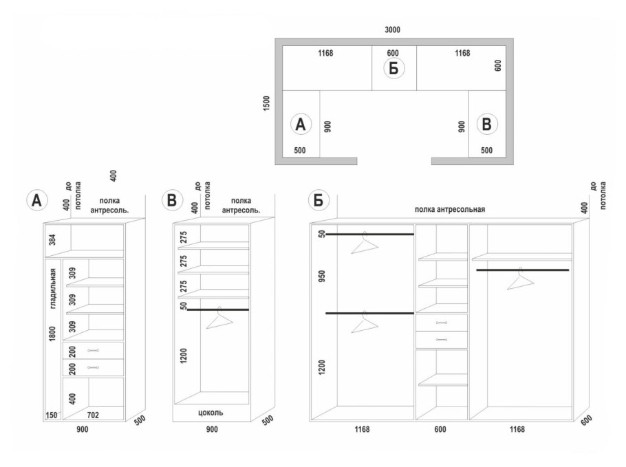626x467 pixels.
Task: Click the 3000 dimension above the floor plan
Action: point(392,30)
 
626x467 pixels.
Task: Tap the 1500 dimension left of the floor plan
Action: point(267,103)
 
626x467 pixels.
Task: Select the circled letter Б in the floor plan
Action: point(393,68)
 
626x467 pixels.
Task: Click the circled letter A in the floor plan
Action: point(301,124)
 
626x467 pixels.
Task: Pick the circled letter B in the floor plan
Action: point(486,124)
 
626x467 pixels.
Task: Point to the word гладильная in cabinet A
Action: point(53,289)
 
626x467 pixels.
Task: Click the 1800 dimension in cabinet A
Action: point(53,334)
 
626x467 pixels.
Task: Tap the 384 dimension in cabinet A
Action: point(53,239)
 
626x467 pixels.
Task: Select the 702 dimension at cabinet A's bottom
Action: point(93,415)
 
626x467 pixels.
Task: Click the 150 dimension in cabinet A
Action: point(51,415)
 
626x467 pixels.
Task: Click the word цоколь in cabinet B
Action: point(211,413)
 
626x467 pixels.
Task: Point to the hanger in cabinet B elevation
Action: point(219,318)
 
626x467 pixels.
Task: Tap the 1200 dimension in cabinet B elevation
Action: point(184,356)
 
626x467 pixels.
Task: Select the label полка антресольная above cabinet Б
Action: point(450,209)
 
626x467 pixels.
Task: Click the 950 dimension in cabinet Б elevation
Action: point(322,276)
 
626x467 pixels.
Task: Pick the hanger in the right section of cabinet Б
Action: point(521,279)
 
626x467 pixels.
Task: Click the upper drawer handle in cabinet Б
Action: point(442,323)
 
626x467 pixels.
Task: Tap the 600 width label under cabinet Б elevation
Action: point(440,429)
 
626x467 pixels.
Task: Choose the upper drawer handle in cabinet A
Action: point(93,351)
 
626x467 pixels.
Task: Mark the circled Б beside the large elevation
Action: point(319,199)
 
